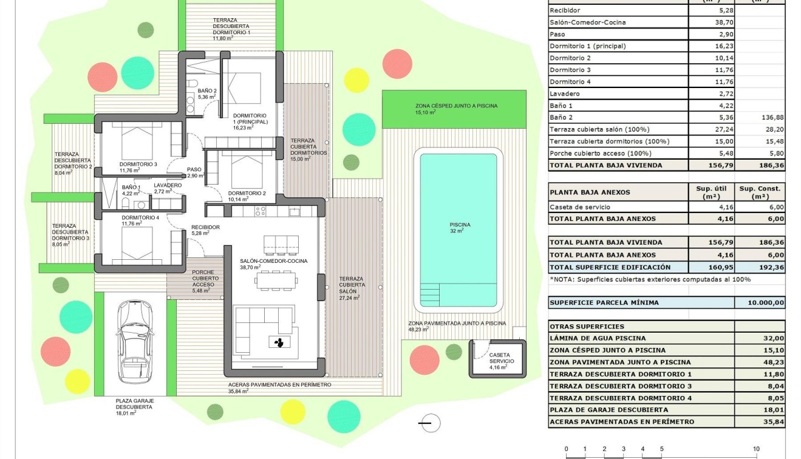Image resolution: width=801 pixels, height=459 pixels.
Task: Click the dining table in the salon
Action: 277,280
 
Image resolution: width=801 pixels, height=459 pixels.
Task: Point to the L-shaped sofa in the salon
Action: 255,328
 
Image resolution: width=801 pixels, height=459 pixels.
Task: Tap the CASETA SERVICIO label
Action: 500,358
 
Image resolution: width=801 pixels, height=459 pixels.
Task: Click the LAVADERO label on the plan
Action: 168,185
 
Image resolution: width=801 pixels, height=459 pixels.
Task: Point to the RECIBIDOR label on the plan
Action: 205,227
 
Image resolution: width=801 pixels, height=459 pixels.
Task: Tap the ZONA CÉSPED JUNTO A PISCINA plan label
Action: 448,106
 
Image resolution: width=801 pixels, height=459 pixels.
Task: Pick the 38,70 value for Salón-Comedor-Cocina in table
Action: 710,22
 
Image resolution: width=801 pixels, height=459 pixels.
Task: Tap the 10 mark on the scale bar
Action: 756,449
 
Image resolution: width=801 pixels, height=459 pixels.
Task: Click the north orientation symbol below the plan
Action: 430,423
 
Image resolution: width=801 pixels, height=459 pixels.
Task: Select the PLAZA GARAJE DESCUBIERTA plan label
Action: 135,404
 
